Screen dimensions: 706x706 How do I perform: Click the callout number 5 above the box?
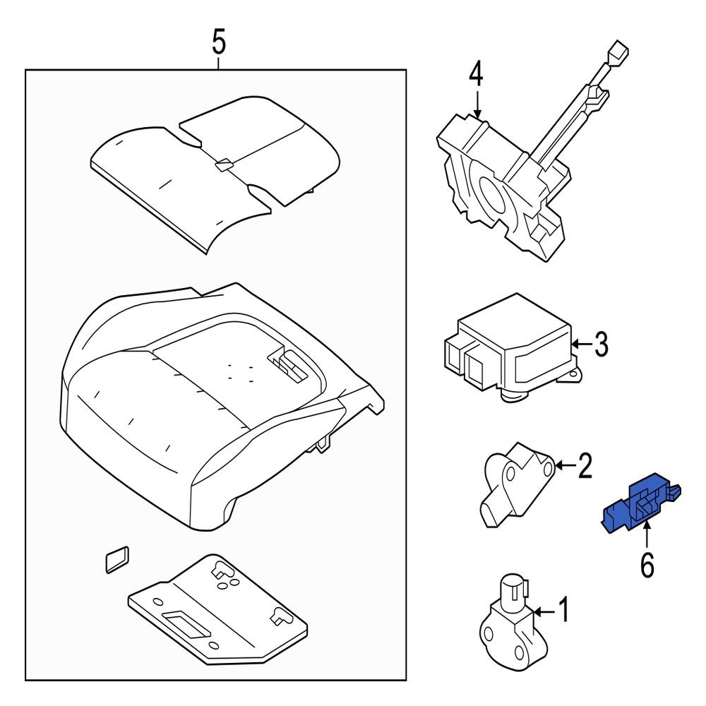(x=219, y=43)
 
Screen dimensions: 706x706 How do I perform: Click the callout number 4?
(x=477, y=73)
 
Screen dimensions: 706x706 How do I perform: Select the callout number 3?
(x=599, y=345)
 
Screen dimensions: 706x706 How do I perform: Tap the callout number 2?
(x=585, y=466)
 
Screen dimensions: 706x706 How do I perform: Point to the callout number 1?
(x=563, y=610)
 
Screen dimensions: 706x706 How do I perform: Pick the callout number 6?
(x=647, y=564)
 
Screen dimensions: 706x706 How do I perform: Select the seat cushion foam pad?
(x=212, y=409)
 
